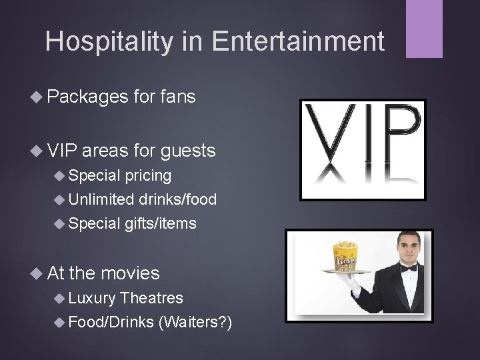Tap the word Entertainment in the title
pos(299,41)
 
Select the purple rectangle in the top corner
pos(424,28)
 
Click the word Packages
pos(87,97)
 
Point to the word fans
pos(177,97)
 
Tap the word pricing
pos(148,176)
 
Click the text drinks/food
pos(178,199)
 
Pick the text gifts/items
pos(161,223)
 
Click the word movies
pos(130,273)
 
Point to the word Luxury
pos(92,298)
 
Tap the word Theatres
pos(152,298)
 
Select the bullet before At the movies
pos(39,273)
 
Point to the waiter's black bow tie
pos(409,267)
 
